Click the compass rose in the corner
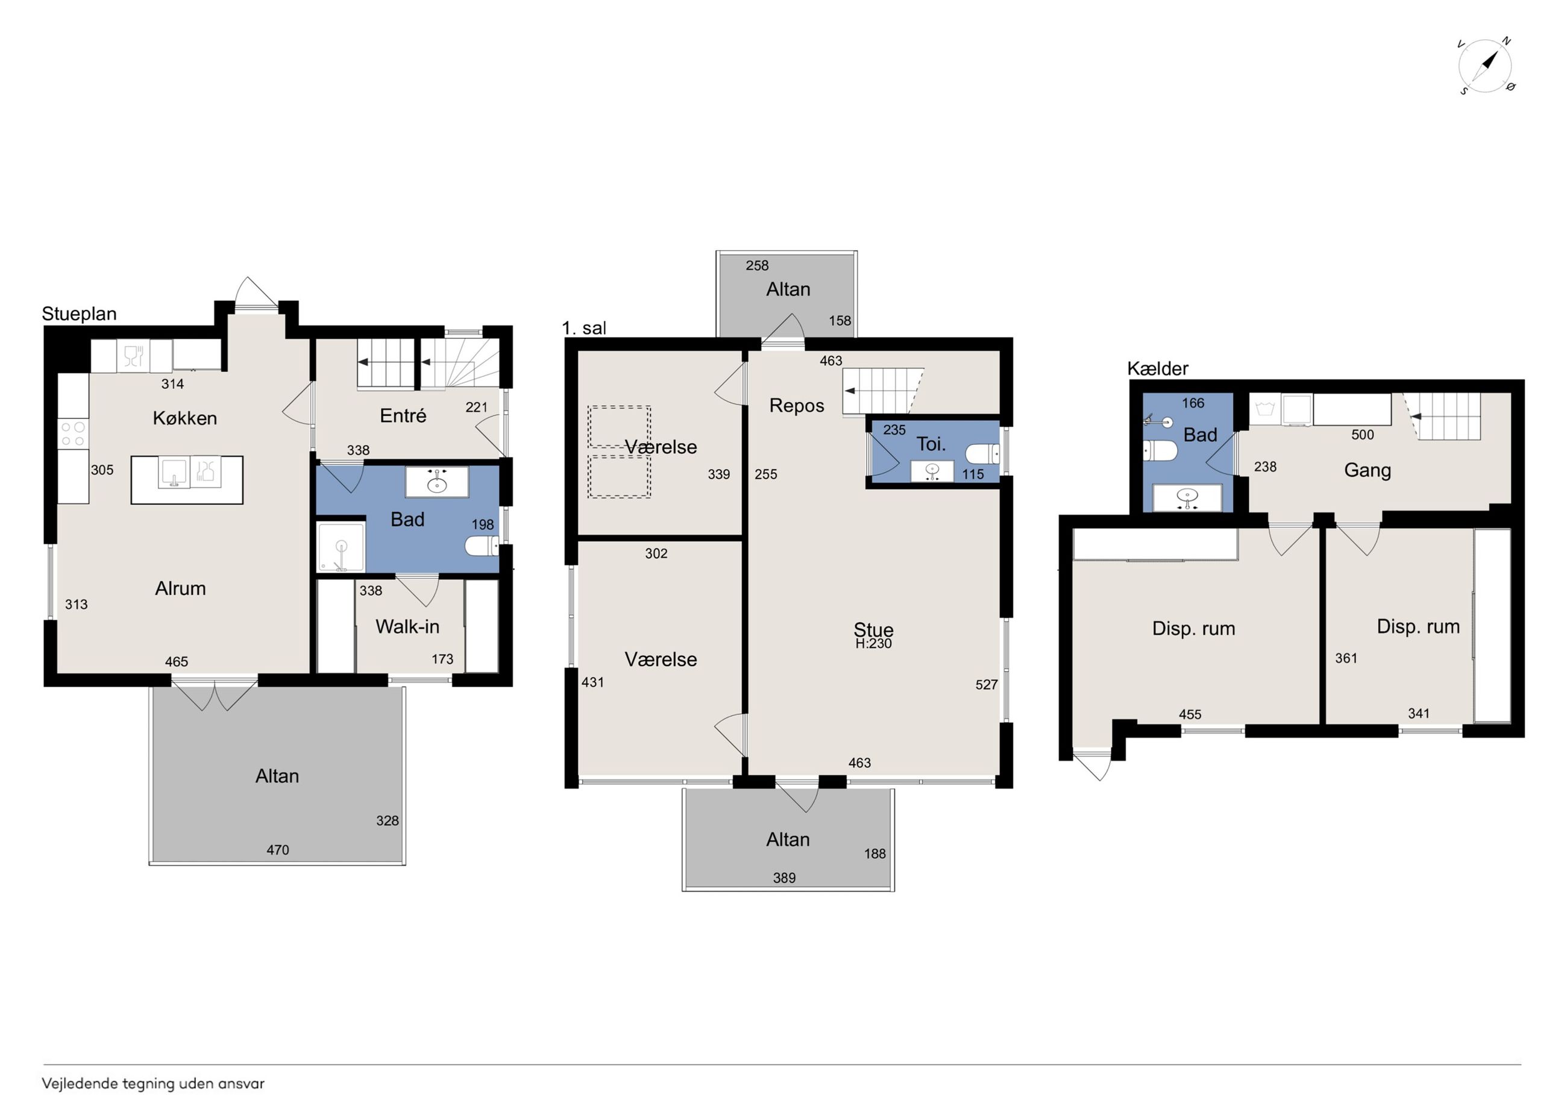(1485, 67)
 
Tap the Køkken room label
(185, 418)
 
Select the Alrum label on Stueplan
(180, 588)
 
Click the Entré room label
(403, 415)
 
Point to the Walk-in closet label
(407, 627)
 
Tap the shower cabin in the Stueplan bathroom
(341, 547)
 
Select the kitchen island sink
(174, 473)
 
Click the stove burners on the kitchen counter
(73, 433)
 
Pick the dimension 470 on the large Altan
(278, 850)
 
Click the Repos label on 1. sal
(797, 406)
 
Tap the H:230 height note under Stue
(873, 643)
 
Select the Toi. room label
(931, 444)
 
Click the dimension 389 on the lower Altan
(784, 878)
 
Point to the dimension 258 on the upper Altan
(757, 266)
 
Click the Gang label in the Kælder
(1368, 470)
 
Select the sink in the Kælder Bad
(1187, 498)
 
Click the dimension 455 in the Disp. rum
(1190, 714)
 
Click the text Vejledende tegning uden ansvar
(153, 1083)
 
